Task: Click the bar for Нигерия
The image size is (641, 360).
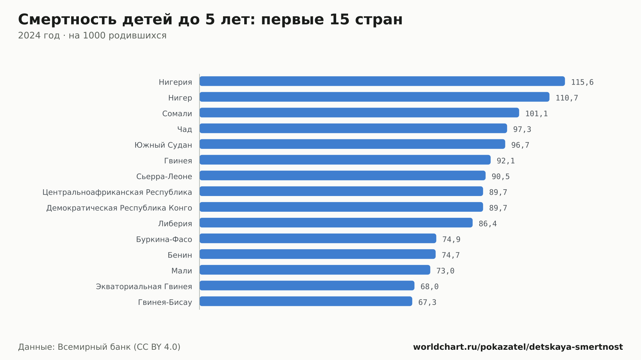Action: tap(382, 81)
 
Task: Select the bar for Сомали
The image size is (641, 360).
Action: tap(359, 112)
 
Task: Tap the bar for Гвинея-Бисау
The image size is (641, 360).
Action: tap(306, 301)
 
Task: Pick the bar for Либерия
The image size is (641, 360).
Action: tap(336, 223)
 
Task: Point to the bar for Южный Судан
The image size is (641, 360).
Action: tap(352, 144)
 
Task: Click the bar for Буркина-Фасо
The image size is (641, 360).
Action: tap(318, 238)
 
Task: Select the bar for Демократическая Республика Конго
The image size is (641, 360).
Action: tap(341, 207)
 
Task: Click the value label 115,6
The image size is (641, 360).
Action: tap(582, 82)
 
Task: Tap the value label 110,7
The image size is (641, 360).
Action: tap(567, 98)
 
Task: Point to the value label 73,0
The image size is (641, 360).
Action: tap(445, 271)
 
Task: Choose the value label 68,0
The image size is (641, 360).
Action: tap(429, 287)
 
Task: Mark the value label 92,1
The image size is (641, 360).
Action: tap(506, 161)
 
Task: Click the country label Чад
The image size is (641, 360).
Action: tap(185, 129)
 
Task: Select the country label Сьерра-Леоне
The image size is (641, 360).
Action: tap(164, 176)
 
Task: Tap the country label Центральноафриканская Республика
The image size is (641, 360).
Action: tap(117, 192)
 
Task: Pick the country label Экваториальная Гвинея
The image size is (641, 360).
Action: tap(144, 287)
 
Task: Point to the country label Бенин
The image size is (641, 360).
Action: tap(180, 255)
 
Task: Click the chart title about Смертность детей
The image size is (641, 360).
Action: tap(210, 19)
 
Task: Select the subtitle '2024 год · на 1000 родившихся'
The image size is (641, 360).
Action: tap(92, 36)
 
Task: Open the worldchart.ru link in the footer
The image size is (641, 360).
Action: tap(518, 347)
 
